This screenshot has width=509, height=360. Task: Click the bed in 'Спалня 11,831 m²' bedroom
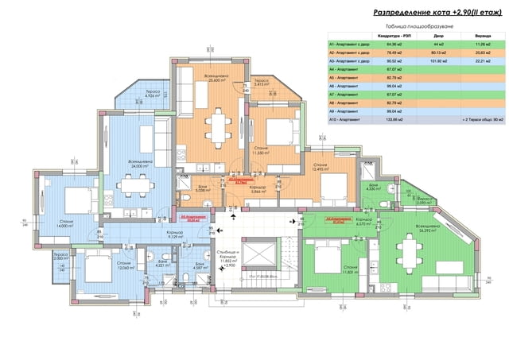tap(325, 256)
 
